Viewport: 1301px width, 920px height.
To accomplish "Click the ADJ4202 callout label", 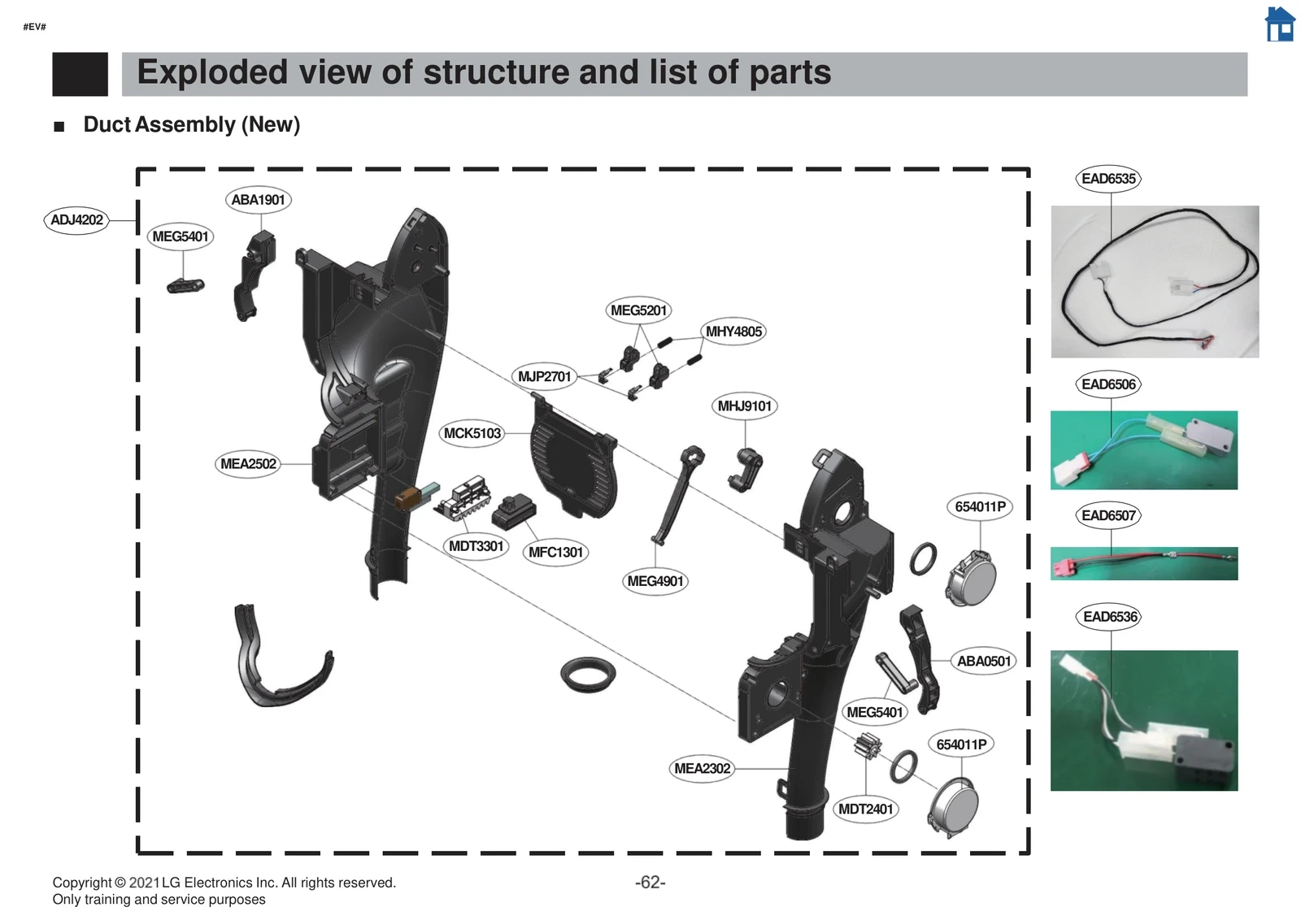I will tap(76, 219).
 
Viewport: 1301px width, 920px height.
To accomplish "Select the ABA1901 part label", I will tap(258, 200).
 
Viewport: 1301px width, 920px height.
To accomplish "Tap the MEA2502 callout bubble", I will tap(248, 464).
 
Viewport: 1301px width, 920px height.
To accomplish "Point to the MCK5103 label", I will tap(472, 434).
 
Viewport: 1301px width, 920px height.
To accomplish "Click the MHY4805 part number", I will tap(733, 332).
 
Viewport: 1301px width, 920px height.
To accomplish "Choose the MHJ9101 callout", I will tap(744, 406).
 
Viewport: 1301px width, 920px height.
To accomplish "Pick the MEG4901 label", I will tap(655, 581).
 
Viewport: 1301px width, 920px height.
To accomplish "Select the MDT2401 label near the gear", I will tap(865, 809).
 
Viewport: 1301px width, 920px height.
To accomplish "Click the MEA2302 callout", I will tap(702, 769).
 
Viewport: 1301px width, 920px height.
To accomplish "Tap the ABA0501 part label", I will tap(983, 662).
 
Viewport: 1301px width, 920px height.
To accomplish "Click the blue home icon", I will tap(1280, 24).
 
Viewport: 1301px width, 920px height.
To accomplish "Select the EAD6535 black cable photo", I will tap(1155, 281).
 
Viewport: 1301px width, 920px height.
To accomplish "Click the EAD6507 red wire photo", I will tap(1144, 563).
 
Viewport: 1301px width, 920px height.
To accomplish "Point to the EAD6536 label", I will tap(1110, 617).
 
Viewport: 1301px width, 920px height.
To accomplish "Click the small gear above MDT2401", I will tap(868, 745).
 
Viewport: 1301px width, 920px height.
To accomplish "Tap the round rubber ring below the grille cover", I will tap(588, 675).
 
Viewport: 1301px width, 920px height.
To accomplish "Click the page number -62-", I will tap(650, 883).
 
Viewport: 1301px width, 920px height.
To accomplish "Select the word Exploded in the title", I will tap(212, 72).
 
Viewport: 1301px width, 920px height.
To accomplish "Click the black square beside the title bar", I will tap(80, 74).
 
